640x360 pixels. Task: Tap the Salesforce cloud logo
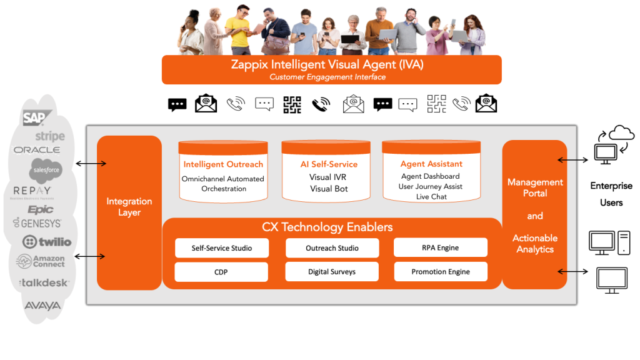[x=46, y=169]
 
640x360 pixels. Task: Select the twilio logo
[x=47, y=242]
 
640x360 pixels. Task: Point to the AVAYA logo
[x=42, y=306]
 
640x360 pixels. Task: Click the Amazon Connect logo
[x=41, y=261]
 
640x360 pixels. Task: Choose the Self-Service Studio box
[x=222, y=248]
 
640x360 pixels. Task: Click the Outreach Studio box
[x=332, y=248]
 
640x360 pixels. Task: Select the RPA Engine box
[x=441, y=247]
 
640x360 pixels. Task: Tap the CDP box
[x=221, y=272]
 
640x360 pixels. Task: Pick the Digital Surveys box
[x=332, y=272]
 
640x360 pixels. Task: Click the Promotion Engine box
[x=441, y=272]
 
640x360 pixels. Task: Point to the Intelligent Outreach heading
[x=223, y=164]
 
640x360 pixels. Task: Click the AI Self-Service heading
[x=329, y=164]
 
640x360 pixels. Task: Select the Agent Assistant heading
[x=431, y=164]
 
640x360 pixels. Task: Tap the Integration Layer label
[x=129, y=207]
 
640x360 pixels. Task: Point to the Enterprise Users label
[x=611, y=194]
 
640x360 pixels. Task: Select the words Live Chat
[x=431, y=197]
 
